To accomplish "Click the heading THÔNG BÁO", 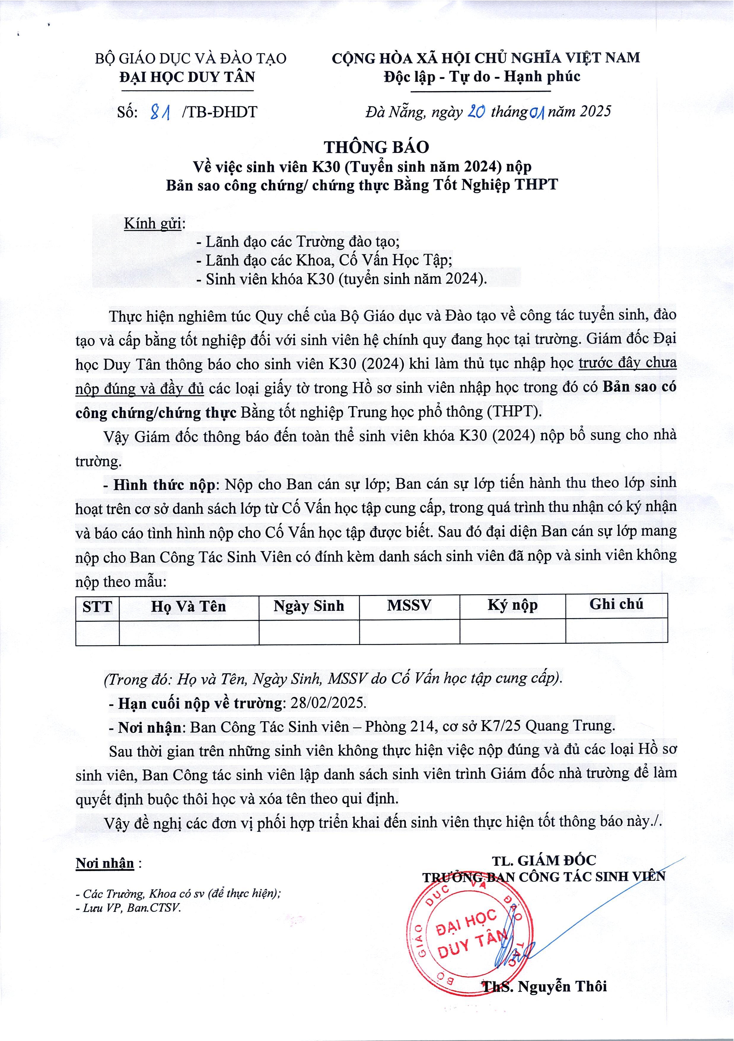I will click(x=376, y=147).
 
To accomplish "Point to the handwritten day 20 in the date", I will click(x=476, y=111).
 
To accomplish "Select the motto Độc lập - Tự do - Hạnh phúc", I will click(x=482, y=77).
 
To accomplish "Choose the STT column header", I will click(x=97, y=606).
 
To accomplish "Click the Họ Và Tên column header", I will click(x=189, y=606).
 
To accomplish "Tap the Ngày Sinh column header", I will click(x=309, y=606).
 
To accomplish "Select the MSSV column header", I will click(x=409, y=605).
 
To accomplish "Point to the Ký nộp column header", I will click(x=513, y=605).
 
